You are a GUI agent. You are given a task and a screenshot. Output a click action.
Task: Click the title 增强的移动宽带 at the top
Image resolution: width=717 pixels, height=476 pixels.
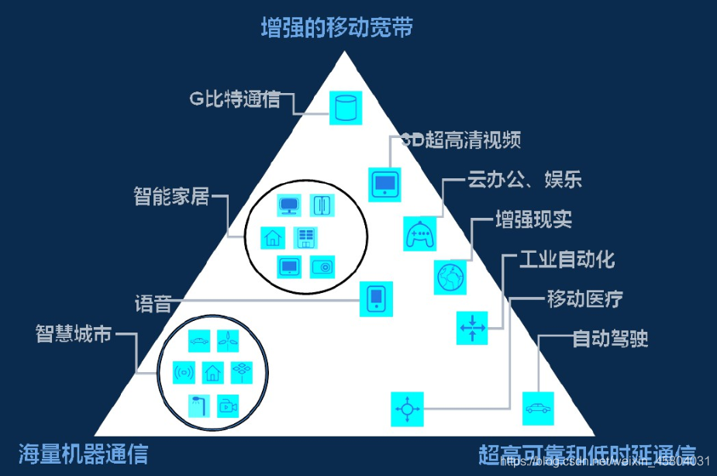[x=336, y=29]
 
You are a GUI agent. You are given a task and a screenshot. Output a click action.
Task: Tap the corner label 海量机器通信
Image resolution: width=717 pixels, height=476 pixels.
[x=83, y=453]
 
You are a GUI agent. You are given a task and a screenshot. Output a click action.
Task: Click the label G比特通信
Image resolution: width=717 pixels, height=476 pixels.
[x=235, y=100]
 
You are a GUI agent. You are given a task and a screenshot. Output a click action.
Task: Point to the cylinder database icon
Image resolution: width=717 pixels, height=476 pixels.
[x=346, y=107]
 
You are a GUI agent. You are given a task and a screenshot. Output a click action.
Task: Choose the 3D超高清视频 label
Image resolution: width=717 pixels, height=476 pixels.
[x=460, y=140]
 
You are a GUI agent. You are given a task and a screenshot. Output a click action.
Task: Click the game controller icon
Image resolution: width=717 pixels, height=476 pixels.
[x=420, y=233]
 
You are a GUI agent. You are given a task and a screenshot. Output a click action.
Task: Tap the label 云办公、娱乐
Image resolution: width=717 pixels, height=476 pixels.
[x=525, y=181]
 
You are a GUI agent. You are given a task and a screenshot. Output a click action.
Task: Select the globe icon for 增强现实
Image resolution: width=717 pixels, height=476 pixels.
[x=451, y=277]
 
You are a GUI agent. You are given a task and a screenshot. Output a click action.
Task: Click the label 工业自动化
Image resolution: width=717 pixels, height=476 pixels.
[x=558, y=259]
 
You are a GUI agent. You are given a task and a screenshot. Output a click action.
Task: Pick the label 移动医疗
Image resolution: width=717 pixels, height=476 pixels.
[x=584, y=299]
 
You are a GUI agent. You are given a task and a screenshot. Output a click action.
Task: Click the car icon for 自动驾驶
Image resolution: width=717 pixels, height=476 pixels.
[x=537, y=407]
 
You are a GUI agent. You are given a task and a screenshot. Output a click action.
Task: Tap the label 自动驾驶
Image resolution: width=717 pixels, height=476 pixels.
[x=610, y=339]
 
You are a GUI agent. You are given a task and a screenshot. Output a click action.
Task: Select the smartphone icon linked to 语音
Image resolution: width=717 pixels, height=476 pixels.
[x=377, y=298]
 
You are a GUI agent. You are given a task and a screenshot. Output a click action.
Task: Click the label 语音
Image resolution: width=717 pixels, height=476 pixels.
[x=153, y=302]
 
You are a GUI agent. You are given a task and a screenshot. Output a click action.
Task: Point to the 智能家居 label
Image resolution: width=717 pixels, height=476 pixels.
[x=171, y=196]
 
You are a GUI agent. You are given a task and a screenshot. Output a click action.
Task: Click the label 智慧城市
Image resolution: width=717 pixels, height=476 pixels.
[x=74, y=335]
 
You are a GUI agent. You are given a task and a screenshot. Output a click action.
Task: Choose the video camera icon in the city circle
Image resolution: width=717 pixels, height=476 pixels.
[x=227, y=405]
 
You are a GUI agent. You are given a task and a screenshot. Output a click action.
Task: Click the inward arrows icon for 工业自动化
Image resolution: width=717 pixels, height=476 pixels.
[x=471, y=328]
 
